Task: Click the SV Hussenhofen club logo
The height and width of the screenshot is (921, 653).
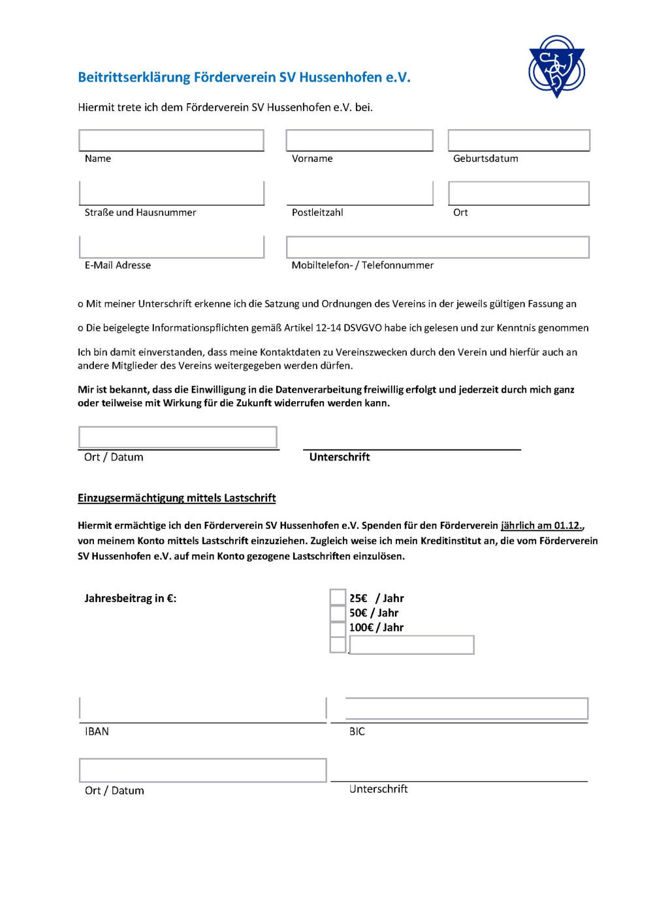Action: [556, 66]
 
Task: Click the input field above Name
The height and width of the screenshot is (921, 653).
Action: [171, 140]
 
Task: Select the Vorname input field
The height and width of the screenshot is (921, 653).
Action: [359, 140]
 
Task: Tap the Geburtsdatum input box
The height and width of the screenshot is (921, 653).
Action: [518, 140]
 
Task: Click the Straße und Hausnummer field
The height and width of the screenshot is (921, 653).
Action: [171, 193]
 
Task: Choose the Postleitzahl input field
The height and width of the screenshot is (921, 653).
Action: [359, 193]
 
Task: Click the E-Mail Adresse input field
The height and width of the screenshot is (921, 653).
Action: [171, 247]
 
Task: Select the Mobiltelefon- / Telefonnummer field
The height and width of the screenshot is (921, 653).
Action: [438, 247]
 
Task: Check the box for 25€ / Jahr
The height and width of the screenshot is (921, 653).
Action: [338, 597]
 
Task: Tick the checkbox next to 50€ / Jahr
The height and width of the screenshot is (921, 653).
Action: [338, 613]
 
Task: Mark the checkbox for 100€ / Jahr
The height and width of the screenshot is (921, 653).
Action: [338, 629]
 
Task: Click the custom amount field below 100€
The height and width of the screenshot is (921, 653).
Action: [411, 645]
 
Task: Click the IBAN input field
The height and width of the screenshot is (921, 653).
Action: [202, 708]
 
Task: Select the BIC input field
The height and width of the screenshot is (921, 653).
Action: [466, 708]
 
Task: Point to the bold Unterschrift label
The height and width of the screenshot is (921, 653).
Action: [340, 457]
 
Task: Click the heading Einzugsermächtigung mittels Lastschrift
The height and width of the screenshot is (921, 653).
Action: [176, 498]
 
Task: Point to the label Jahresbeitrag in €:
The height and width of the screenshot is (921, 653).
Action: [130, 598]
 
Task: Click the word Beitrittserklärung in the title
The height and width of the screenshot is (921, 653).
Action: [134, 77]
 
